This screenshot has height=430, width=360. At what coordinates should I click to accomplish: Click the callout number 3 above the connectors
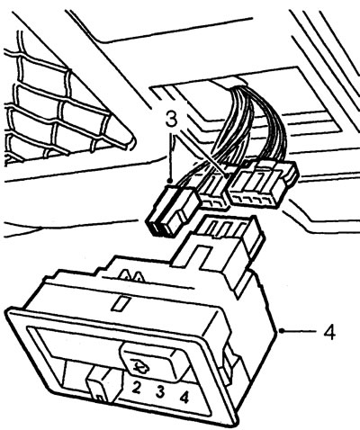coord(172,121)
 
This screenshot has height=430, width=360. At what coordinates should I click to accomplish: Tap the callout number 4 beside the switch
coord(329,332)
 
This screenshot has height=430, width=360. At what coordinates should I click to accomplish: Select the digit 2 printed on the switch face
coord(136,389)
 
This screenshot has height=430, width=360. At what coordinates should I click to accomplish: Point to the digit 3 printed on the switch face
coord(160,392)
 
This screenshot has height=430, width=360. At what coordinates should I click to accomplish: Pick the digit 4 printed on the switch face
coord(184,397)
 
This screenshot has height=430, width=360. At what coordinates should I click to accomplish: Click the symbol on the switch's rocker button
coord(138,366)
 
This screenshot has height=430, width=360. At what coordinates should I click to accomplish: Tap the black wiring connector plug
coord(172,210)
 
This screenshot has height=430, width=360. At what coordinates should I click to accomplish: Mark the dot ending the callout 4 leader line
coord(281,331)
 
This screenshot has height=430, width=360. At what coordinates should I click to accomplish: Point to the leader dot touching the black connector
coord(170,181)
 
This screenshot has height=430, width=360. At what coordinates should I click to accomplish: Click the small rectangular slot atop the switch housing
coord(120,303)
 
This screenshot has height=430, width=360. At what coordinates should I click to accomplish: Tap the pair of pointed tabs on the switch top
coord(132,275)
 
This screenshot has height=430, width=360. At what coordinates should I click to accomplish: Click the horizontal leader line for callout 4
coord(299,331)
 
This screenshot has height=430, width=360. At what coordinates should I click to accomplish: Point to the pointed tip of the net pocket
coord(134,141)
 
